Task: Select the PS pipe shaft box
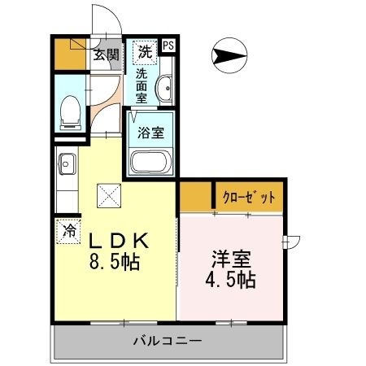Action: coord(169,47)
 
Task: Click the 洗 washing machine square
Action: coord(145,53)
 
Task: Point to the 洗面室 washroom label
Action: coord(142,85)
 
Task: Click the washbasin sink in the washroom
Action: coord(166,88)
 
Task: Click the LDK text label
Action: coord(116,242)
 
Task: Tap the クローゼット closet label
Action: coord(248,197)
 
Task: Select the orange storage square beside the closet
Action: coord(195,197)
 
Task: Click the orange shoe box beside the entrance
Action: coord(69,54)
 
